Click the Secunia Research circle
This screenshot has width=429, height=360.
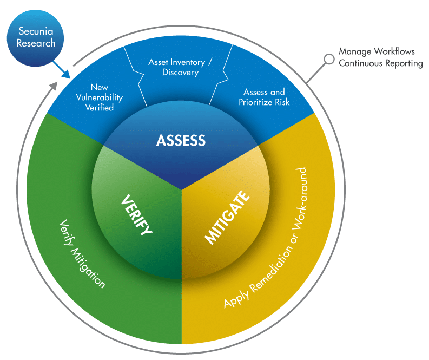pyautogui.click(x=36, y=37)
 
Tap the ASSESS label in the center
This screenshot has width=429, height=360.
pyautogui.click(x=181, y=141)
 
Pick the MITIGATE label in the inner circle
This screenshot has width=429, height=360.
pyautogui.click(x=227, y=217)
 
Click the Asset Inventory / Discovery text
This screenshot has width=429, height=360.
pyautogui.click(x=180, y=67)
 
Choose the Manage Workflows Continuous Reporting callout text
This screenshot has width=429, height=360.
pyautogui.click(x=380, y=57)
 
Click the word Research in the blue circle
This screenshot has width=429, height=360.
pyautogui.click(x=36, y=44)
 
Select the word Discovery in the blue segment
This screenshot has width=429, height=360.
pyautogui.click(x=180, y=73)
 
